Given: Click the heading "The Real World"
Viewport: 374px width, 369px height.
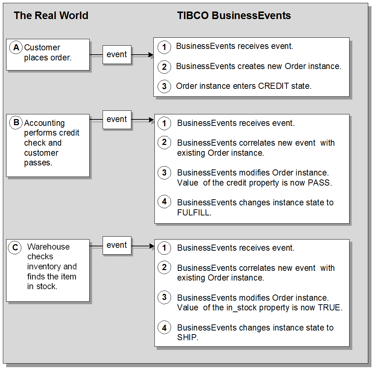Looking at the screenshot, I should [51, 16].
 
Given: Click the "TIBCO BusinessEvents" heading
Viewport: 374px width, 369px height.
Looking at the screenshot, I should [234, 16].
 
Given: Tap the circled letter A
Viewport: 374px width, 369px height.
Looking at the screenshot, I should [16, 47].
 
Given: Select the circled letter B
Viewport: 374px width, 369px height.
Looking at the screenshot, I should [16, 123].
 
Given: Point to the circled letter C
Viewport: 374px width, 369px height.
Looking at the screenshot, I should [15, 247].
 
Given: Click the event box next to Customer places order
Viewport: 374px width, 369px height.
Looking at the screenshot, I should [117, 55].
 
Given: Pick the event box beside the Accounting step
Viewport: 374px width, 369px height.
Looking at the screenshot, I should [117, 119].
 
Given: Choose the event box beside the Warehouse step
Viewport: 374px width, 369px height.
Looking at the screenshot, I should [117, 245].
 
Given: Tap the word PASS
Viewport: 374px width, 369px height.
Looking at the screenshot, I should [319, 183].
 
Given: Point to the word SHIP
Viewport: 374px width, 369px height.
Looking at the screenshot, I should [187, 338].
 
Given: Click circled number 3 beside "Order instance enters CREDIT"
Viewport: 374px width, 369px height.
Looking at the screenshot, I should [164, 86].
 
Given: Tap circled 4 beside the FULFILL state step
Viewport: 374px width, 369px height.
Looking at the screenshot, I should [164, 202].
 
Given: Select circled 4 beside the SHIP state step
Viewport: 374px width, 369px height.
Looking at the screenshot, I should [164, 327].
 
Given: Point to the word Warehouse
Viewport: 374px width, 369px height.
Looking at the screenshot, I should [48, 247].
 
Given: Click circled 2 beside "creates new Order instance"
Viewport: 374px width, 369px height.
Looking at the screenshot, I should [164, 67].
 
